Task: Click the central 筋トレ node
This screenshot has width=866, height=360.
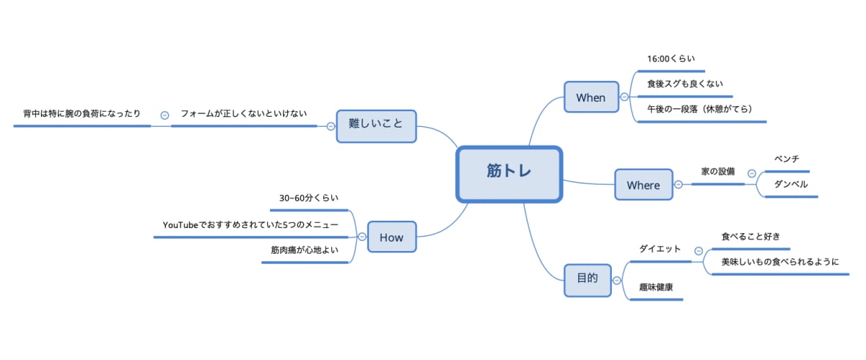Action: (x=509, y=173)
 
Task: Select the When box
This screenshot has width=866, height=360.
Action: (x=591, y=97)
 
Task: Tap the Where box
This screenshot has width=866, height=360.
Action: (x=643, y=185)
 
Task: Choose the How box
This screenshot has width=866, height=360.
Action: (x=392, y=237)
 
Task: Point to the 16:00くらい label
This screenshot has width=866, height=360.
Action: (x=671, y=59)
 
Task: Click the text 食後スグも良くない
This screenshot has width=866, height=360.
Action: (x=685, y=84)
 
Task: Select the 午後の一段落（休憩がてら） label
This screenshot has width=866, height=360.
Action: (x=700, y=110)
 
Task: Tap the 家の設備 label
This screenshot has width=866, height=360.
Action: (x=718, y=172)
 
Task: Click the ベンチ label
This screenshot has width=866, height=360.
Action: (x=786, y=159)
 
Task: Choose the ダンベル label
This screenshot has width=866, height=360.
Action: (x=790, y=184)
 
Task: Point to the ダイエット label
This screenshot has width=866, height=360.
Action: (x=660, y=249)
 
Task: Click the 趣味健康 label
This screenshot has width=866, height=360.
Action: (x=656, y=287)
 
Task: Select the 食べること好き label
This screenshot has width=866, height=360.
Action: (x=751, y=236)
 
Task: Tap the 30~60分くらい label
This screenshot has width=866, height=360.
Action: (x=309, y=198)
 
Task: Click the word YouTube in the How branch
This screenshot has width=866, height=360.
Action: (x=180, y=225)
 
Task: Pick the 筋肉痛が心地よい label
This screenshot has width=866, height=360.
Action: (x=305, y=250)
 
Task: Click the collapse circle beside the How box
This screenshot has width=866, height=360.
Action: (x=362, y=237)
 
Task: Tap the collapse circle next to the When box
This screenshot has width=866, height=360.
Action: (x=624, y=97)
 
